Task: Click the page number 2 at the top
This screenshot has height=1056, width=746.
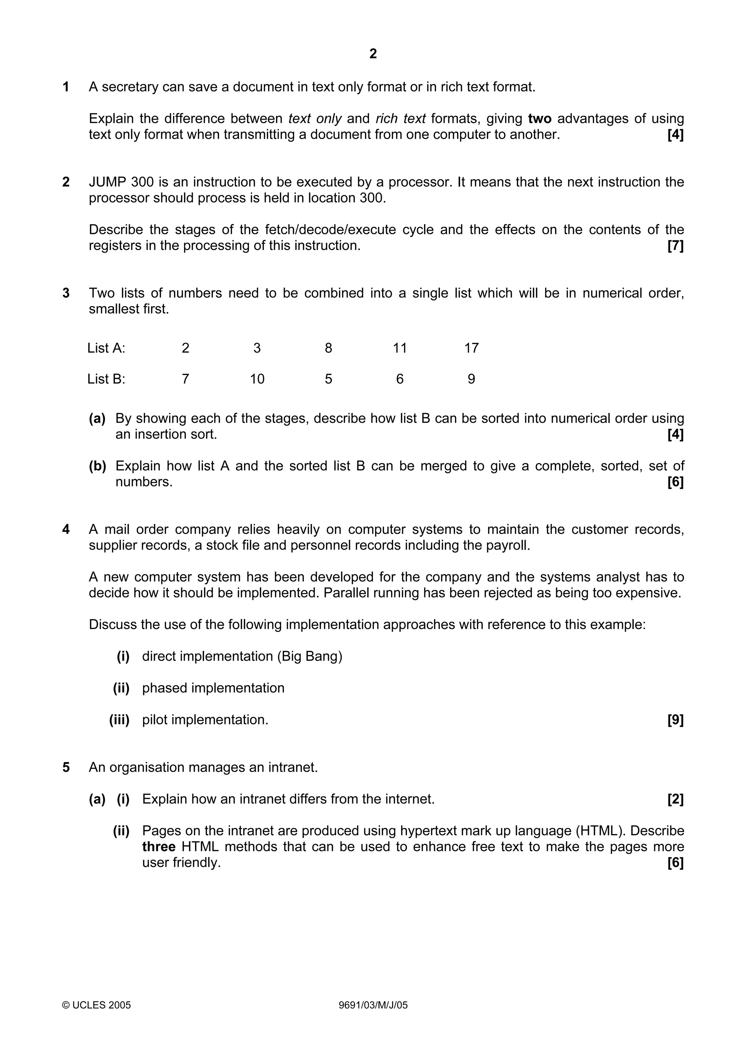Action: pos(373,54)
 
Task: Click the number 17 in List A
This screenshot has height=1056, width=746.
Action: pos(471,348)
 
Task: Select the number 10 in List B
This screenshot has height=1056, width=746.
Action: pos(257,379)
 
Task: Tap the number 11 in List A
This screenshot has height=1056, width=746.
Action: pos(400,348)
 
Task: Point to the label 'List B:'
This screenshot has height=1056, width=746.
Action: pos(106,379)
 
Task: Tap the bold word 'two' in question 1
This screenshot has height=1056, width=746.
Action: pos(539,119)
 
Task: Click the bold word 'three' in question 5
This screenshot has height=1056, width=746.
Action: pos(158,847)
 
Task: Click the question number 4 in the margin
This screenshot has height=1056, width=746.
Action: pos(66,529)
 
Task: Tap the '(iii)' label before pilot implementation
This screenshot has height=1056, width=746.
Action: pos(119,720)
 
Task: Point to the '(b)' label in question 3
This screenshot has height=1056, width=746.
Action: pos(98,466)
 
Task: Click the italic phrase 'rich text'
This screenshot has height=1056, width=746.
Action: pos(400,119)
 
